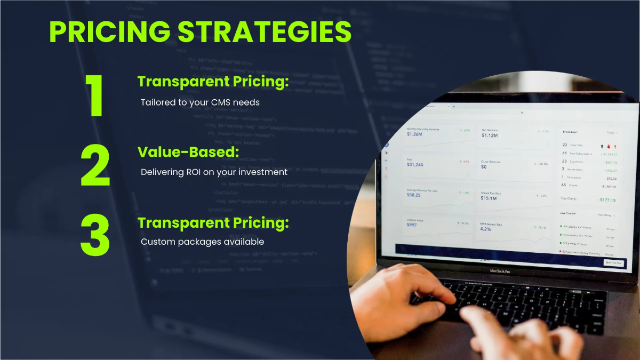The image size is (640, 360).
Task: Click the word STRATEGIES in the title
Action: [265, 32]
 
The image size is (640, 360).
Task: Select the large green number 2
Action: [95, 165]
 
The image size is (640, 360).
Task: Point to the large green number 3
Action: [95, 235]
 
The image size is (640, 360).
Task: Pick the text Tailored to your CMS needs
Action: [200, 102]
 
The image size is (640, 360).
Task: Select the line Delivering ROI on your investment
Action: [214, 172]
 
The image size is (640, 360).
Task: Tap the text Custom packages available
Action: [202, 242]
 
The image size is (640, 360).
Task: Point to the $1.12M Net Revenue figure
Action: [489, 135]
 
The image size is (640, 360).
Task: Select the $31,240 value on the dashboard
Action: [415, 165]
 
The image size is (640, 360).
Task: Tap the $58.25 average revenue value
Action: [413, 195]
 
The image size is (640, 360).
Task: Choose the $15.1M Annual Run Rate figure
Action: [489, 198]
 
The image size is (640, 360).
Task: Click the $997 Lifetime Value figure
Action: [411, 225]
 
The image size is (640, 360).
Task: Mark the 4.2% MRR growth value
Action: [485, 229]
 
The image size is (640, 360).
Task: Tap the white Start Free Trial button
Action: [614, 262]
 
